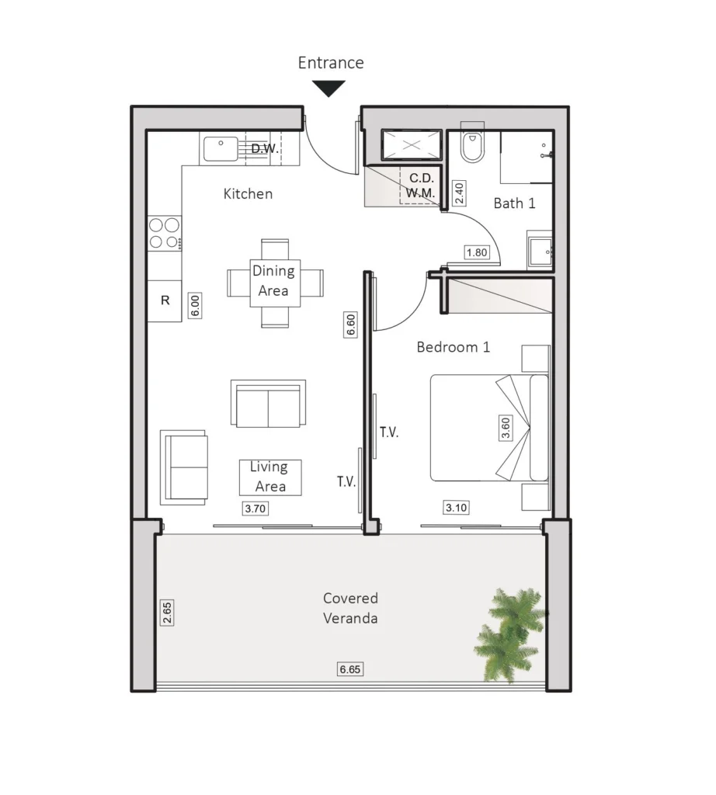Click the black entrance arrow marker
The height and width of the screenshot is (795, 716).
click(x=328, y=88)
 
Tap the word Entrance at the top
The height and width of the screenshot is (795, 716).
click(x=331, y=62)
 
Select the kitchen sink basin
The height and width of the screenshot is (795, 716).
click(x=221, y=148)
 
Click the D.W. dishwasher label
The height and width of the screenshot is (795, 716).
click(x=265, y=148)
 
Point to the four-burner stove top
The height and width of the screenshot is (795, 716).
click(x=165, y=233)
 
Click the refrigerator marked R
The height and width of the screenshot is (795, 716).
click(x=165, y=300)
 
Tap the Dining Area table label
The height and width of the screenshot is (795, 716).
click(x=274, y=281)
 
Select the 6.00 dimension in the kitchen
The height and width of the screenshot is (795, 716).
click(x=195, y=305)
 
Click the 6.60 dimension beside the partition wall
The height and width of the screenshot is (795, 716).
click(x=350, y=325)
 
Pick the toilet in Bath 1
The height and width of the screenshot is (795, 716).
click(x=471, y=144)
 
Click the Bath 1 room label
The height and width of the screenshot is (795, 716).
click(x=514, y=203)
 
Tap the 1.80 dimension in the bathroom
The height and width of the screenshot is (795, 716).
click(x=477, y=252)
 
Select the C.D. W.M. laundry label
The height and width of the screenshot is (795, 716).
click(x=421, y=186)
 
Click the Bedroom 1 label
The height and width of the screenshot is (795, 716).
click(x=454, y=347)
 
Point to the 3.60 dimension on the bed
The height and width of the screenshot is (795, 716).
click(x=506, y=428)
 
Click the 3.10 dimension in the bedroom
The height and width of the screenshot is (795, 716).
click(x=456, y=508)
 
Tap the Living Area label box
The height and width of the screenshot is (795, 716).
click(x=270, y=477)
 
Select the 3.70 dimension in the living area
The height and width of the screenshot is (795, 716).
click(x=255, y=509)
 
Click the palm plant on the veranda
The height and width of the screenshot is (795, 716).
click(x=509, y=633)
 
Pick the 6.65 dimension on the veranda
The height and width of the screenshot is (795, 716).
click(x=350, y=669)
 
